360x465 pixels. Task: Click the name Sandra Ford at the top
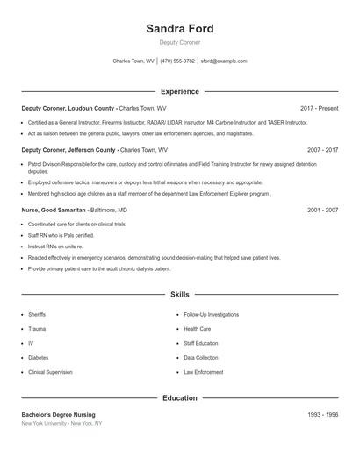click(x=179, y=29)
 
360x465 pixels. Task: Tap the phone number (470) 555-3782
click(x=178, y=61)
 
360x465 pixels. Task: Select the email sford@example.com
click(x=224, y=61)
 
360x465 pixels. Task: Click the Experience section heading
click(x=179, y=91)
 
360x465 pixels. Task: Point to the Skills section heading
click(x=179, y=295)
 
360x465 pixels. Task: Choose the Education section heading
click(x=179, y=398)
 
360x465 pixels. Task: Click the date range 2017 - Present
click(x=319, y=108)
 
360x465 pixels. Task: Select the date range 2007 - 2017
click(x=322, y=150)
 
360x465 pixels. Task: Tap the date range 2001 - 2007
click(x=322, y=211)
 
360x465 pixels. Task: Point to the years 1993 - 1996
click(x=322, y=414)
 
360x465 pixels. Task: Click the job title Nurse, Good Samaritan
click(x=54, y=211)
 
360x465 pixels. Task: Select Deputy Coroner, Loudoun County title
click(x=68, y=108)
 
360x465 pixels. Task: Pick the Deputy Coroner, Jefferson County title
click(x=68, y=150)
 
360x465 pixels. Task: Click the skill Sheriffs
click(x=37, y=314)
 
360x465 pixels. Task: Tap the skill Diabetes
click(x=38, y=358)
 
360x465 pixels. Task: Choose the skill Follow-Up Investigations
click(x=211, y=314)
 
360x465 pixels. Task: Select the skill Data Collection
click(x=201, y=358)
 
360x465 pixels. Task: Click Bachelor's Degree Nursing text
click(x=58, y=414)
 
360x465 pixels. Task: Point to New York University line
click(x=61, y=423)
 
